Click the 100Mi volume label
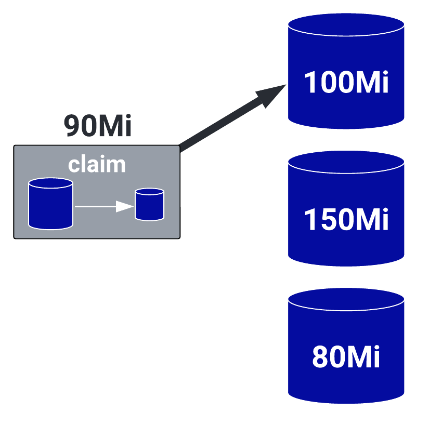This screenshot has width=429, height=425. (x=346, y=82)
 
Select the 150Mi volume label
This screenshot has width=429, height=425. (x=346, y=219)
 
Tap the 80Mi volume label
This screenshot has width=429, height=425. (x=346, y=357)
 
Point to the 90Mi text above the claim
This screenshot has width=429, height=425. (x=98, y=126)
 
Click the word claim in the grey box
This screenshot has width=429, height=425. (x=97, y=164)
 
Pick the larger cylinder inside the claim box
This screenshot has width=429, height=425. (x=50, y=204)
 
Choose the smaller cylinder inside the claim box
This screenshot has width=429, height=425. (x=149, y=205)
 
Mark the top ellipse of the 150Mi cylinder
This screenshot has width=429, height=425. (x=346, y=162)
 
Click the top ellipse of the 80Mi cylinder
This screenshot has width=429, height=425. (x=346, y=299)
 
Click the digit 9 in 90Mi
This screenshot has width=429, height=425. (x=74, y=126)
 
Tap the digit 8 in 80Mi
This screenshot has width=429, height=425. (x=321, y=357)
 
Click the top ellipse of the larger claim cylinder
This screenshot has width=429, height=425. (x=50, y=183)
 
